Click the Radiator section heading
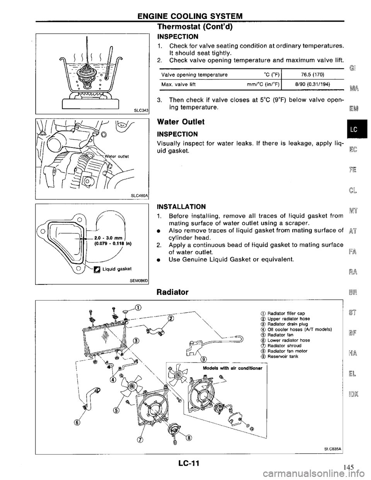click(x=173, y=293)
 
